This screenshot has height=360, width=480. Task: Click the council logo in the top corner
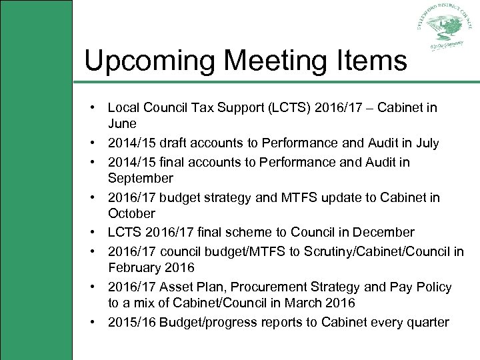[443, 29]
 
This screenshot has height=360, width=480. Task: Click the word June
[122, 124]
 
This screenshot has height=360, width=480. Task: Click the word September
[141, 179]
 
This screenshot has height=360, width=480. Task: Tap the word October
[131, 214]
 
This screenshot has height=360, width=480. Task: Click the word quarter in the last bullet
[427, 322]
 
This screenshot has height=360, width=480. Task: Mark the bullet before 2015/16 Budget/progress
[97, 322]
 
